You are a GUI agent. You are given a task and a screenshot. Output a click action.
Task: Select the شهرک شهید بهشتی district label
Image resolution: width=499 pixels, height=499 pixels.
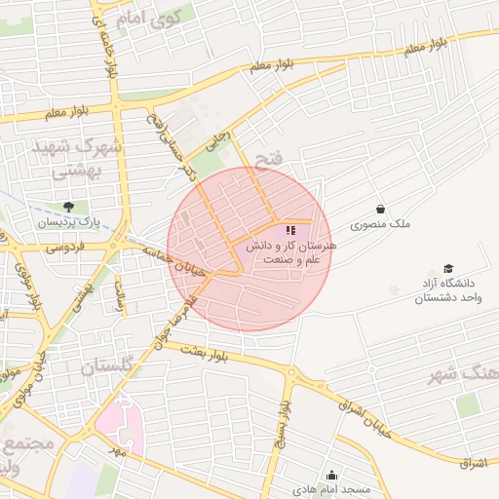pyautogui.click(x=75, y=159)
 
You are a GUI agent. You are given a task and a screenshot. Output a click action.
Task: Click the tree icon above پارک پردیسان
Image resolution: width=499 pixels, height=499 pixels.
pyautogui.click(x=68, y=206)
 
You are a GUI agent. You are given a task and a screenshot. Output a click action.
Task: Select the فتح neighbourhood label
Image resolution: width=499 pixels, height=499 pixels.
pyautogui.click(x=267, y=157)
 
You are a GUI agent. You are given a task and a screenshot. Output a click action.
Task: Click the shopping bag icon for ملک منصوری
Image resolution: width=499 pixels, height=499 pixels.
pyautogui.click(x=380, y=209)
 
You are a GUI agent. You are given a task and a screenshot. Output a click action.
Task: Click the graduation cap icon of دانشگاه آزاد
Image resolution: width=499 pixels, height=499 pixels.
pyautogui.click(x=448, y=268)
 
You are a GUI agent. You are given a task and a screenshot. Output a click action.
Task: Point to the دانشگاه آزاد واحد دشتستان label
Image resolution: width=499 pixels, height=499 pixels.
pyautogui.click(x=448, y=291)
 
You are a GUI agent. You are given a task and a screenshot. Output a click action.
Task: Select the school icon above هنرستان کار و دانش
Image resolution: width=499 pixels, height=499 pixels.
pyautogui.click(x=289, y=230)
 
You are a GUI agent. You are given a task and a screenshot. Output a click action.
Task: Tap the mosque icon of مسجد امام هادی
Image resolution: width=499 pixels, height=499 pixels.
pyautogui.click(x=331, y=475)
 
